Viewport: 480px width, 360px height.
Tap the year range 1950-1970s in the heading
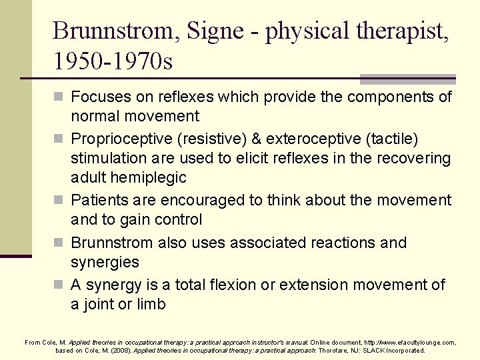(x=113, y=62)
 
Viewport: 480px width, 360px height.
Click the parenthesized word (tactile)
(x=395, y=139)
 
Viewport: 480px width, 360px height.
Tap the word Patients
(x=100, y=200)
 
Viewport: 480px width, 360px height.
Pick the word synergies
(x=105, y=263)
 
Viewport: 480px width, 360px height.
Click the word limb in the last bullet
(x=150, y=304)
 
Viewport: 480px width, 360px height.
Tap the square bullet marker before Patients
(x=59, y=201)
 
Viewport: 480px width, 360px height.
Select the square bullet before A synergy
(x=59, y=285)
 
